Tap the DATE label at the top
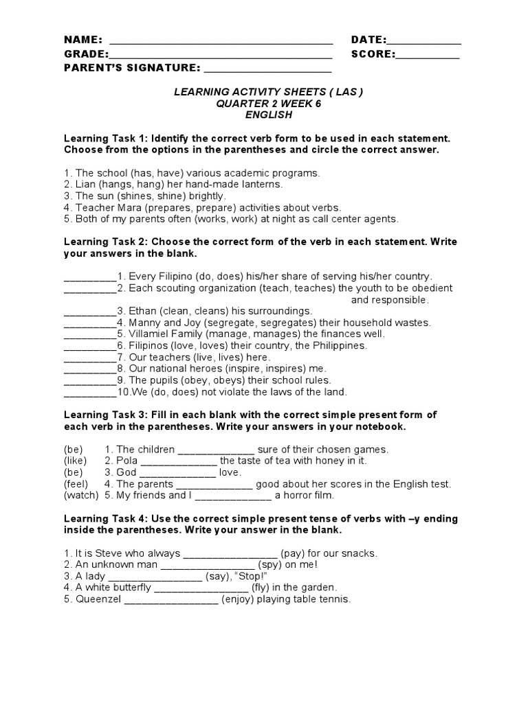[x=368, y=41]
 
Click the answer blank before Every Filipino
[x=90, y=277]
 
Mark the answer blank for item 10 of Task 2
[x=90, y=394]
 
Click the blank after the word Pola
[x=179, y=461]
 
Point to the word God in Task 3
[x=126, y=472]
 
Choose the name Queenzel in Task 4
[x=92, y=599]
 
